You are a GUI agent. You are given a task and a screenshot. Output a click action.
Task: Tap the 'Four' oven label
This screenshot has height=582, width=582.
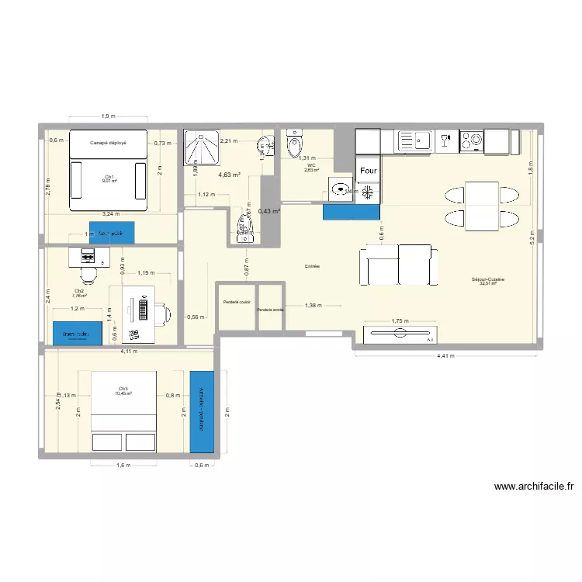(x=369, y=170)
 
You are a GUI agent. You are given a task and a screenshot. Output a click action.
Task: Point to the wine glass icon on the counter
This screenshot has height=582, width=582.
(x=445, y=140)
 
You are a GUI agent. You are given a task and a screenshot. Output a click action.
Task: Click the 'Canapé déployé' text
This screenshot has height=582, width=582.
(x=108, y=143)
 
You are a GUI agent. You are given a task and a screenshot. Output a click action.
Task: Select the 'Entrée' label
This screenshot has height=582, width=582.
(x=313, y=266)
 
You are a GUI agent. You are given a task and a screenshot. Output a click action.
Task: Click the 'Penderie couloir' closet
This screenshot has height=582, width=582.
(x=236, y=302)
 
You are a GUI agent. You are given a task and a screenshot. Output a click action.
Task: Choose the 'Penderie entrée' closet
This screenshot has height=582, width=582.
(x=271, y=309)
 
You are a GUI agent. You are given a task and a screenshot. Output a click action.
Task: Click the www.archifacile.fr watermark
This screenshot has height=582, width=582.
(x=533, y=487)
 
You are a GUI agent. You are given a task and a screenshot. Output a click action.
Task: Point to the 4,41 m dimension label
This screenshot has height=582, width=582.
(x=445, y=356)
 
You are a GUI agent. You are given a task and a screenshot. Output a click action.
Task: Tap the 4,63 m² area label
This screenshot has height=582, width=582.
(x=229, y=175)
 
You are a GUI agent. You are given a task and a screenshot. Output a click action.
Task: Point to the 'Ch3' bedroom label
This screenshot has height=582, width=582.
(x=123, y=389)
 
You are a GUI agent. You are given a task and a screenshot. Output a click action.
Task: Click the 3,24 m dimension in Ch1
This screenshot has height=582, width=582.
(x=108, y=212)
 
